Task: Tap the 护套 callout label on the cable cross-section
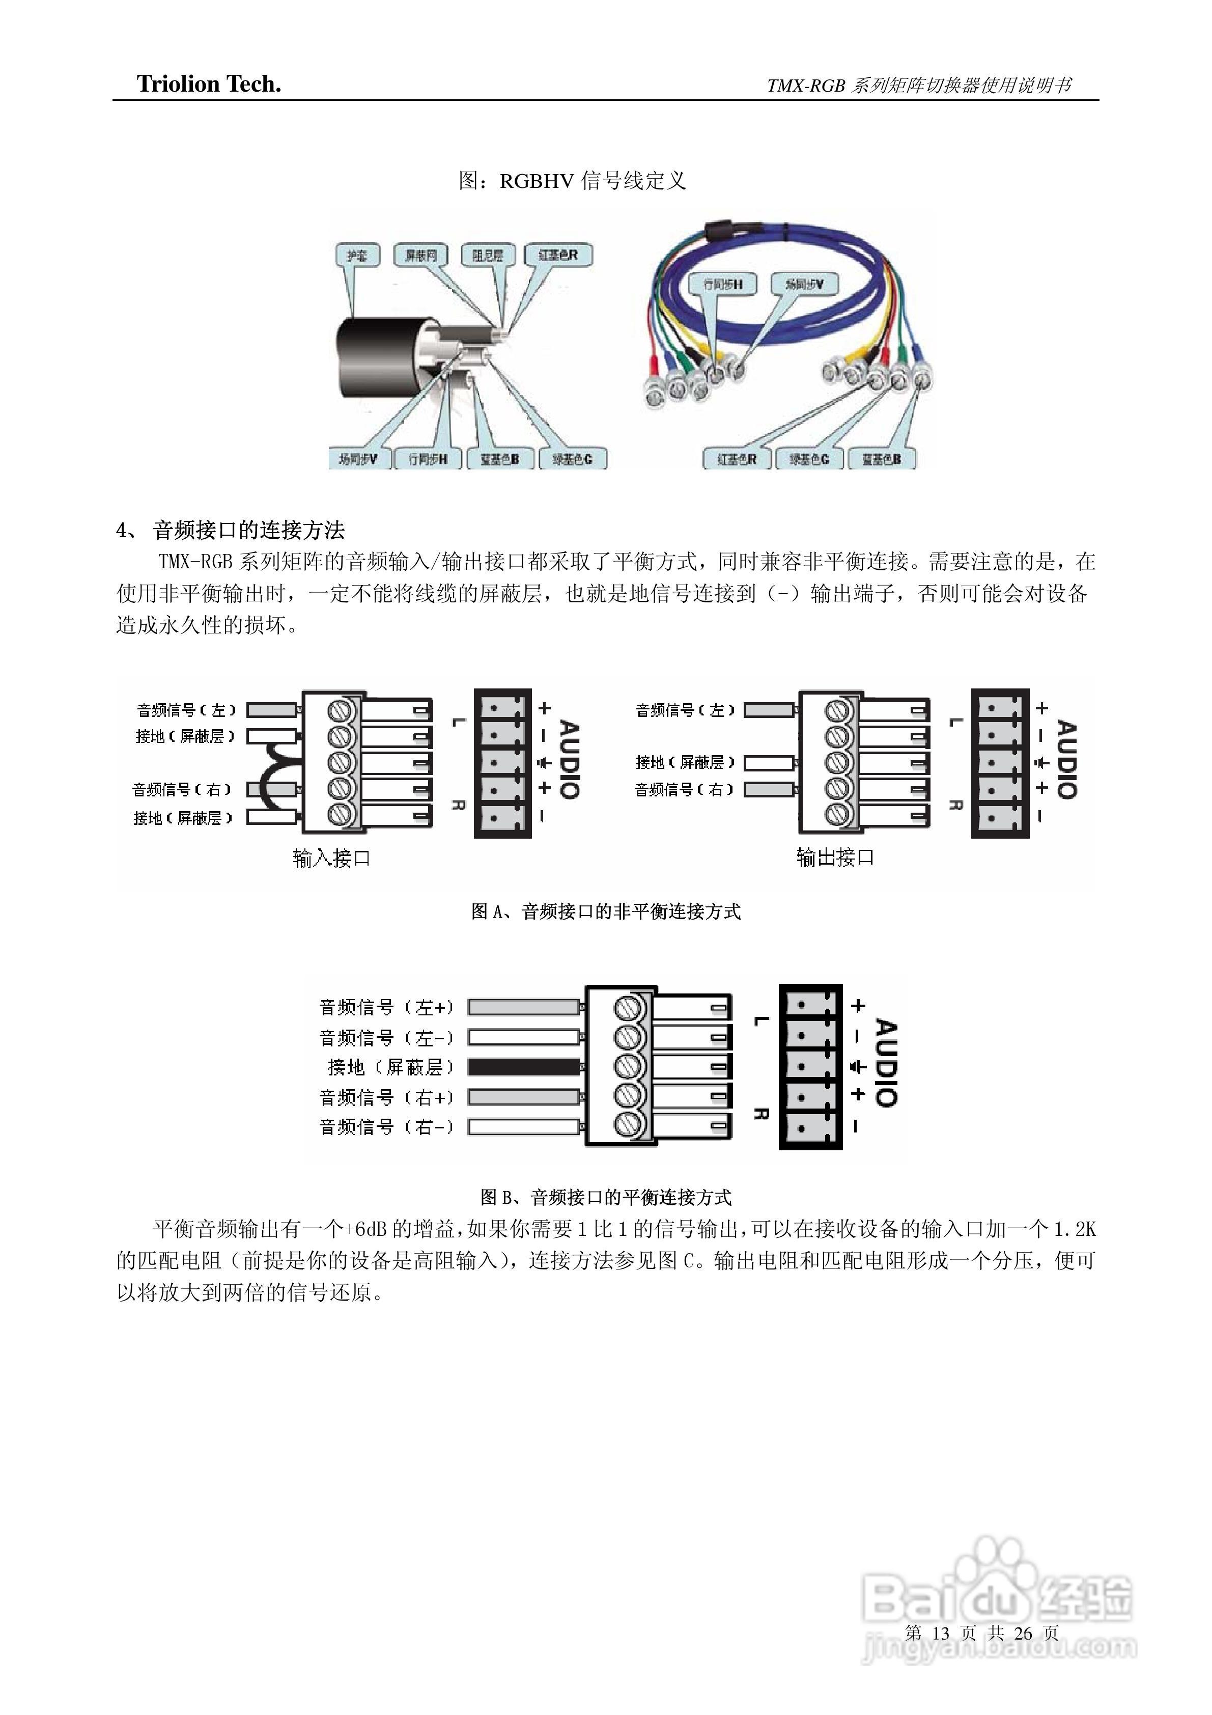pyautogui.click(x=357, y=256)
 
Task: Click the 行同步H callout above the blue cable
pyautogui.click(x=723, y=284)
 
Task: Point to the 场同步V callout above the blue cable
pyautogui.click(x=804, y=284)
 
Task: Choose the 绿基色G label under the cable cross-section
pyautogui.click(x=572, y=459)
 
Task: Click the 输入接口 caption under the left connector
pyautogui.click(x=331, y=858)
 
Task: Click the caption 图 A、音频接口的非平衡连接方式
pyautogui.click(x=606, y=911)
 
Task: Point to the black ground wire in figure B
pyautogui.click(x=524, y=1067)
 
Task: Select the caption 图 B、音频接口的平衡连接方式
pyautogui.click(x=606, y=1197)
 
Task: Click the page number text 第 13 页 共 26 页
pyautogui.click(x=981, y=1633)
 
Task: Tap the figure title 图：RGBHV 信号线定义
pyautogui.click(x=572, y=181)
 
